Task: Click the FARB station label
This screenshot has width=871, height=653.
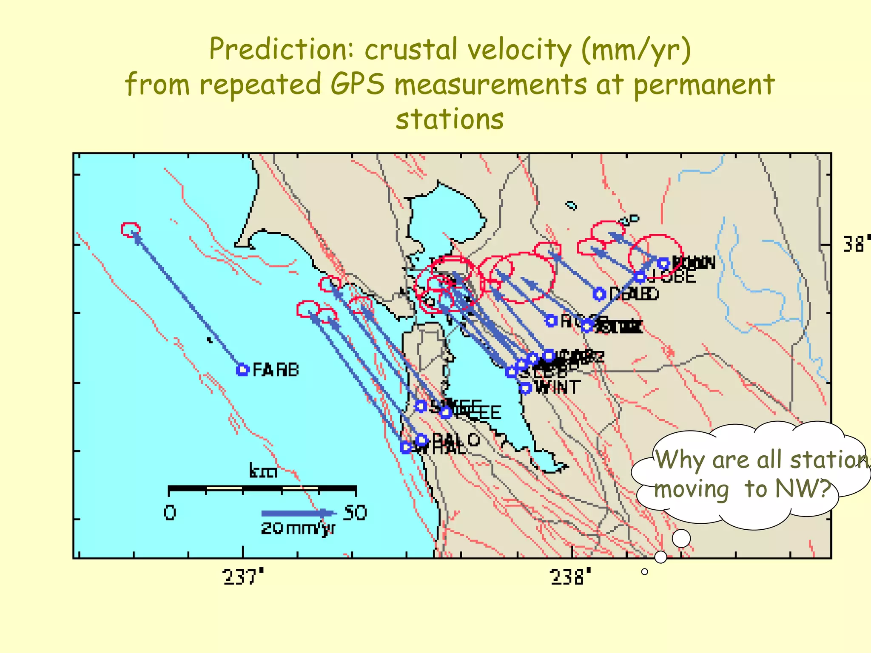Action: pos(276,370)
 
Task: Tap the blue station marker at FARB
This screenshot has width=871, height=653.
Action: pos(242,370)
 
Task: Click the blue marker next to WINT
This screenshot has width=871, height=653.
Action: pos(526,388)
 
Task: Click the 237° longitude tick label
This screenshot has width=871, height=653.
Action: pos(243,577)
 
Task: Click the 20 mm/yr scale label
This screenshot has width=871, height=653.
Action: pos(298,528)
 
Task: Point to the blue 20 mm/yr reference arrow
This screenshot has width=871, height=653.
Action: pos(298,513)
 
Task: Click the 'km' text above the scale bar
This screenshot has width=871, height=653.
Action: pos(263,471)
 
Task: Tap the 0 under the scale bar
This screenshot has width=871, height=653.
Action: pos(170,513)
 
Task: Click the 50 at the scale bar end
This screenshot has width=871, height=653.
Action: pos(355,513)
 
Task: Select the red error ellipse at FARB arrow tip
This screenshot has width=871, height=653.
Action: pos(130,229)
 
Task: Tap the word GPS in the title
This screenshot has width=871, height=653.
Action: pos(358,84)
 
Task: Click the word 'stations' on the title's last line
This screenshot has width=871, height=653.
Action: pos(450,119)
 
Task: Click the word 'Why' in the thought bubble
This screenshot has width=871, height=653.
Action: pos(680,460)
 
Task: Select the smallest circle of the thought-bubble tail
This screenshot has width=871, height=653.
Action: pos(645,572)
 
